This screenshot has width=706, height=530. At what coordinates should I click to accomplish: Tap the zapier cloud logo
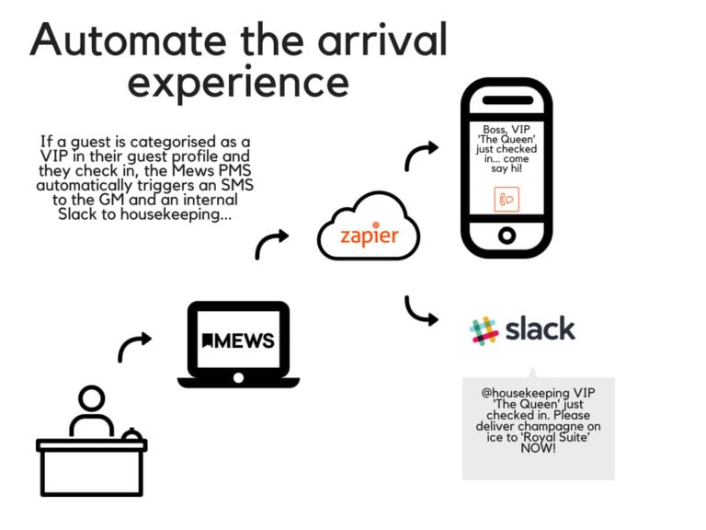[x=368, y=230]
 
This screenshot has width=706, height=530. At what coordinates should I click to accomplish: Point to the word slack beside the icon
[x=541, y=328]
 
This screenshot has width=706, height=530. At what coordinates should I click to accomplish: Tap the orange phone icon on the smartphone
[x=507, y=198]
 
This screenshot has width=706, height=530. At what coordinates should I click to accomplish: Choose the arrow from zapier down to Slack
[x=421, y=310]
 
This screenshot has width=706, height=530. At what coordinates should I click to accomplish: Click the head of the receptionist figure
[x=92, y=399]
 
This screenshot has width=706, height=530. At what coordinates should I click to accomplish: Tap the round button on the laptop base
[x=238, y=377]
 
